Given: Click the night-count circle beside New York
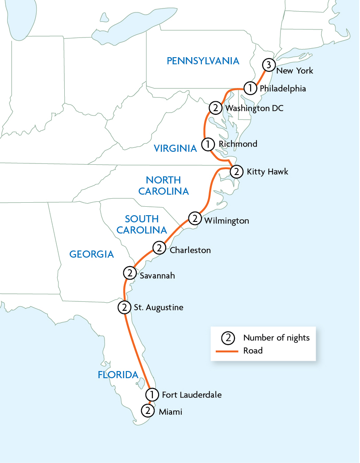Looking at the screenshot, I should [x=268, y=65].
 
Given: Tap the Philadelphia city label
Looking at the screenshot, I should [x=282, y=88].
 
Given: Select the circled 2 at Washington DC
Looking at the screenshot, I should [x=215, y=108].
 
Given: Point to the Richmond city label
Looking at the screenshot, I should [x=238, y=144].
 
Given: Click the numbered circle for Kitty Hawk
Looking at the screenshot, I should [x=236, y=171].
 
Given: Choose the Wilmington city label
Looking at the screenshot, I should [x=226, y=221].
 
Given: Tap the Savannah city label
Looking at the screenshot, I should [x=157, y=276].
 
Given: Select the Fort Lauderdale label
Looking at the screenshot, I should [x=191, y=395].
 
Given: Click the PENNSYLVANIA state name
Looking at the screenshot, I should [x=203, y=61].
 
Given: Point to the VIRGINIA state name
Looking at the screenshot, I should [x=175, y=149].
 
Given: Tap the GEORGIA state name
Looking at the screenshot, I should [x=92, y=254].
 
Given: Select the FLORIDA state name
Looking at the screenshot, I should [x=118, y=375].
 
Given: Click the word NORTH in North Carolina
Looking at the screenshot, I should [x=163, y=180].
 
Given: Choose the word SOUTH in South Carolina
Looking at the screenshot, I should [x=142, y=219].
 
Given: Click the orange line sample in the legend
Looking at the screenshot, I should [x=227, y=351].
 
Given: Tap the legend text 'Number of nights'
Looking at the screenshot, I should [x=276, y=338].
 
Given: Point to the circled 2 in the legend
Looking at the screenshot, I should [x=228, y=338].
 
